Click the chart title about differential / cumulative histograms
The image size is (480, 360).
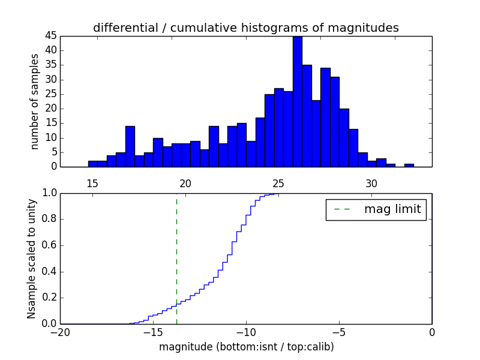coord(245,28)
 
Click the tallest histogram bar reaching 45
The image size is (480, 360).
coord(297,102)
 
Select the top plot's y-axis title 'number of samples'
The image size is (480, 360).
coord(35,101)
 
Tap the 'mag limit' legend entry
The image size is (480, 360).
coord(376,209)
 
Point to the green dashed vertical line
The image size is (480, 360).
coord(176,252)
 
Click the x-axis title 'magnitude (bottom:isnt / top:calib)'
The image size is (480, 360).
coord(246,347)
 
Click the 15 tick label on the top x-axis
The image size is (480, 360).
coord(92,183)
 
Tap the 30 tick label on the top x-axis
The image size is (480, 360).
coord(371,183)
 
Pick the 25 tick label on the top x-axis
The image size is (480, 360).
coord(278,183)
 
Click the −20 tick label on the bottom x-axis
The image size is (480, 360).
coord(60,332)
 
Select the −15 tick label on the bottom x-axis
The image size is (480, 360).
coord(152,332)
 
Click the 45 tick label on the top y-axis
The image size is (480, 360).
coord(50,36)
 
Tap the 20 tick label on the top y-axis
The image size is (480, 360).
coord(50,109)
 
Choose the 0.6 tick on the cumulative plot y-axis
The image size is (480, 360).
coord(48,245)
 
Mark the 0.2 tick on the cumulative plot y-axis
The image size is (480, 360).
coord(48,298)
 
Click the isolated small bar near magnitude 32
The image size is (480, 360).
coord(409,166)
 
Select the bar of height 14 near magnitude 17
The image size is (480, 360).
coord(130,147)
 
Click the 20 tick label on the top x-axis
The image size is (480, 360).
coord(185,183)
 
